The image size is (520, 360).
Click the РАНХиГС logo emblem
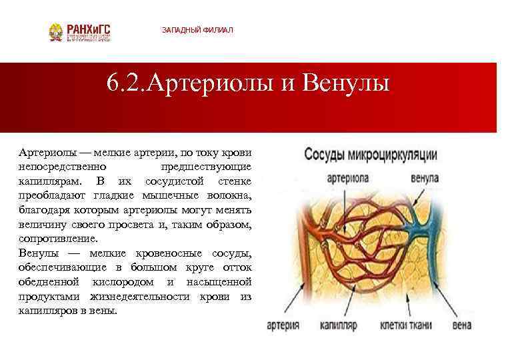tap(57, 31)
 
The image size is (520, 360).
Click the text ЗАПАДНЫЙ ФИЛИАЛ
tap(198, 31)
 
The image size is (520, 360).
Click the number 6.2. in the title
tap(127, 85)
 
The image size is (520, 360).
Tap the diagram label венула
tap(425, 178)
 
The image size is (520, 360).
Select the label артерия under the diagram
tap(283, 325)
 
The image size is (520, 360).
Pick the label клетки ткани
tap(405, 325)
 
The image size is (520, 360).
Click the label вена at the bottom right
tap(461, 325)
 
